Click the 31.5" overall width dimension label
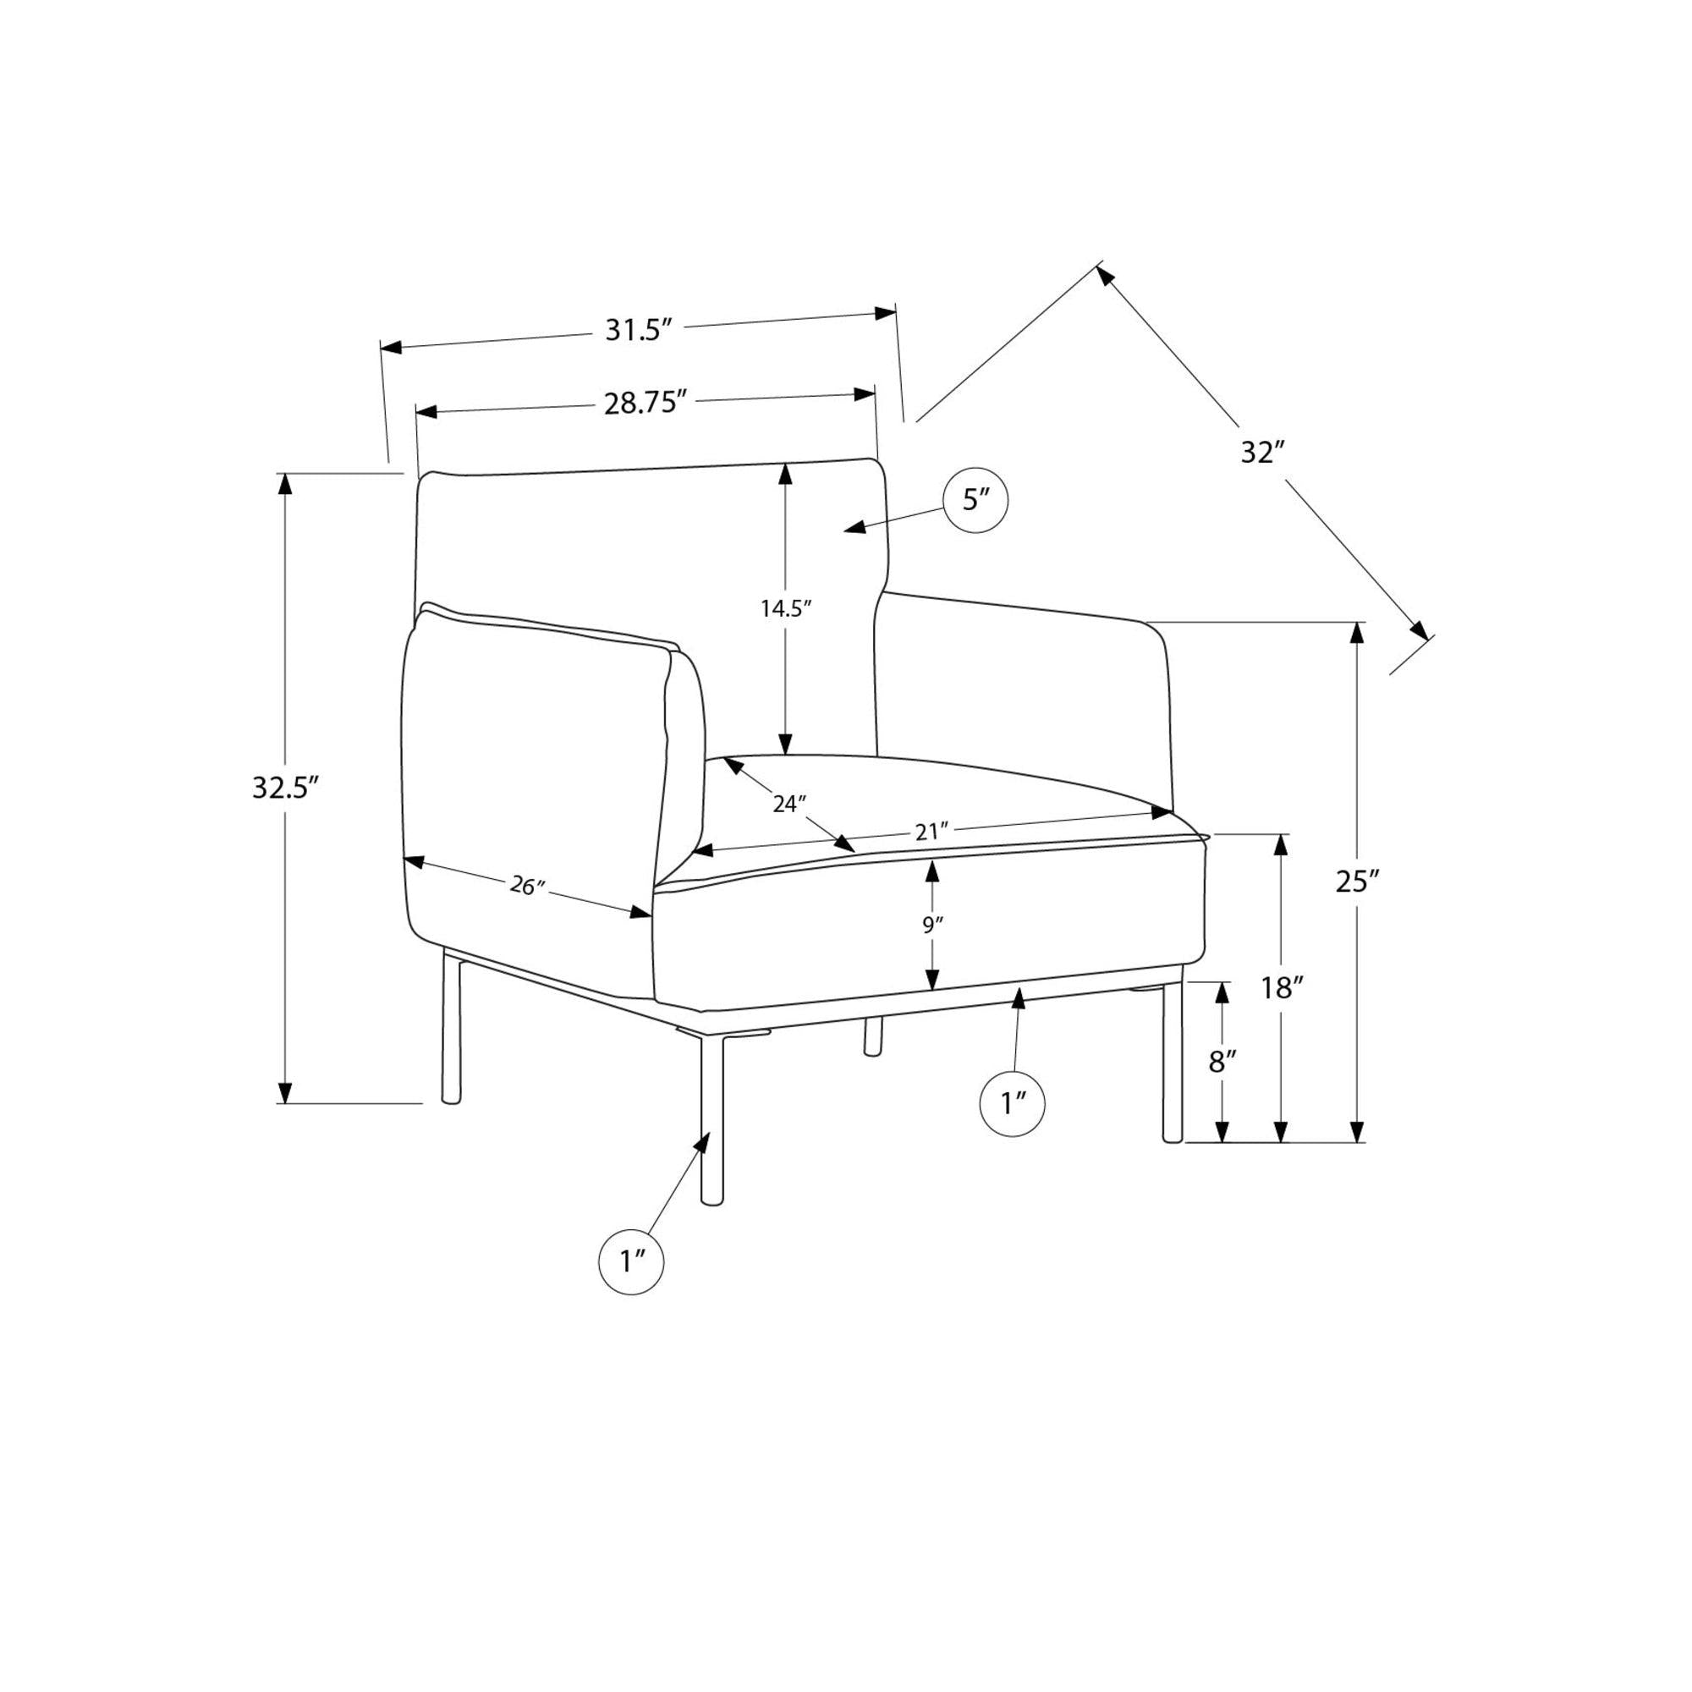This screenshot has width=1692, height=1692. tap(639, 330)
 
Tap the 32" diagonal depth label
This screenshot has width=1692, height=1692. tap(1262, 453)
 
